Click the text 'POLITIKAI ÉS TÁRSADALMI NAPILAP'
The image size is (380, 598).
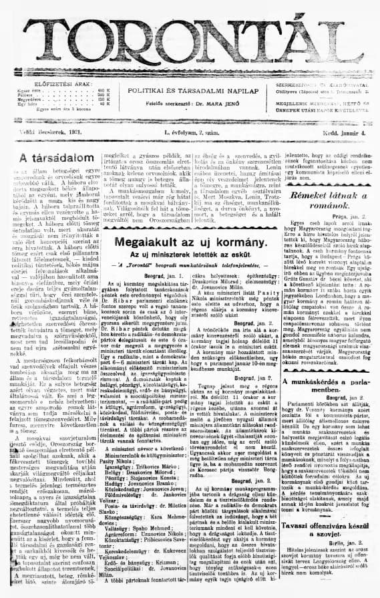(190, 89)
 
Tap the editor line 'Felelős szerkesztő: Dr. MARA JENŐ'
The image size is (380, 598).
(190, 104)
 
